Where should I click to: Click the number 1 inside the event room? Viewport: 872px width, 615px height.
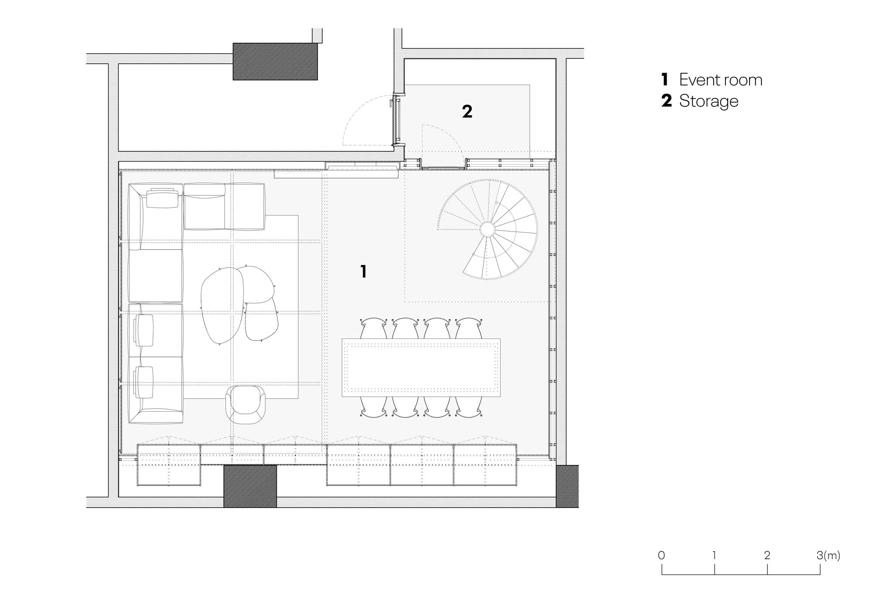click(364, 271)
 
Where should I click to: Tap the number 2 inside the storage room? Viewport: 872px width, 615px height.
click(467, 112)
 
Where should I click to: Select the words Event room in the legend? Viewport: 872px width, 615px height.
click(721, 80)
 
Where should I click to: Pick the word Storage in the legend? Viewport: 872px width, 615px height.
click(708, 101)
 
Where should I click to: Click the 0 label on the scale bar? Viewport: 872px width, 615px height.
click(661, 555)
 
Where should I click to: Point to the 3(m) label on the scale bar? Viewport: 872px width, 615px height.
click(828, 555)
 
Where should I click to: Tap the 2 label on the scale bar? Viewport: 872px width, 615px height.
click(767, 555)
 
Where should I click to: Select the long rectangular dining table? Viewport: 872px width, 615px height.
click(421, 367)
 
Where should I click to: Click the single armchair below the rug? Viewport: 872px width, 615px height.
click(245, 405)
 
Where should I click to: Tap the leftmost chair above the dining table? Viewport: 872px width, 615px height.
click(374, 328)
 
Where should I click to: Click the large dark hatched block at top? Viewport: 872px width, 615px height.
click(275, 61)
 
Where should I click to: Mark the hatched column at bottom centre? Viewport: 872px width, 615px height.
click(250, 486)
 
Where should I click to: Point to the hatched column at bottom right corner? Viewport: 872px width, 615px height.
click(567, 486)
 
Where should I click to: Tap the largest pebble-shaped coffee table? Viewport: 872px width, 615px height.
click(222, 305)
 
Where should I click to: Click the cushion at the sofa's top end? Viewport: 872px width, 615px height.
click(163, 198)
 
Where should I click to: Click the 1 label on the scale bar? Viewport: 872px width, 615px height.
click(714, 555)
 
